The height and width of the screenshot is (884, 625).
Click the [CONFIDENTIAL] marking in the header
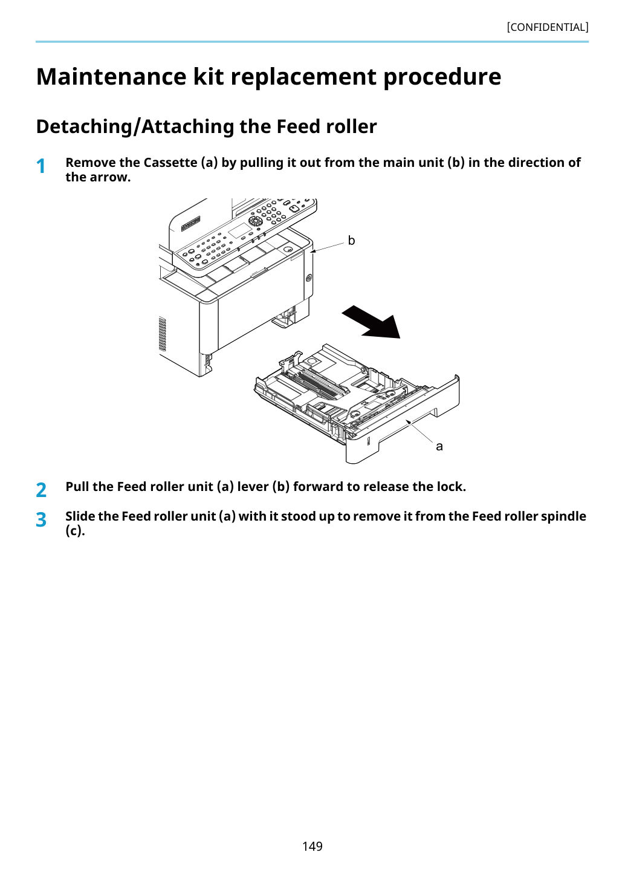pyautogui.click(x=547, y=27)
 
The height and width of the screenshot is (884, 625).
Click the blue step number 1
pyautogui.click(x=40, y=166)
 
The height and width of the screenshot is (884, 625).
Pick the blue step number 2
pyautogui.click(x=41, y=490)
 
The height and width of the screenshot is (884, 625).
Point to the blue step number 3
pyautogui.click(x=41, y=520)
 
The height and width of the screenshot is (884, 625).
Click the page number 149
pyautogui.click(x=312, y=846)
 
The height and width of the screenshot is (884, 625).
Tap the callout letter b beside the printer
pyautogui.click(x=351, y=240)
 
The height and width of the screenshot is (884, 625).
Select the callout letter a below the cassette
pyautogui.click(x=439, y=446)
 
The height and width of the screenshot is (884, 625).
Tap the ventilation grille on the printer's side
pyautogui.click(x=162, y=334)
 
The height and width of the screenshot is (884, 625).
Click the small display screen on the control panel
pyautogui.click(x=240, y=230)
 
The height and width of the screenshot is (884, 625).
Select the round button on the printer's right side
pyautogui.click(x=308, y=278)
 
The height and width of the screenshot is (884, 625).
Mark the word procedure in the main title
pyautogui.click(x=442, y=77)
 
